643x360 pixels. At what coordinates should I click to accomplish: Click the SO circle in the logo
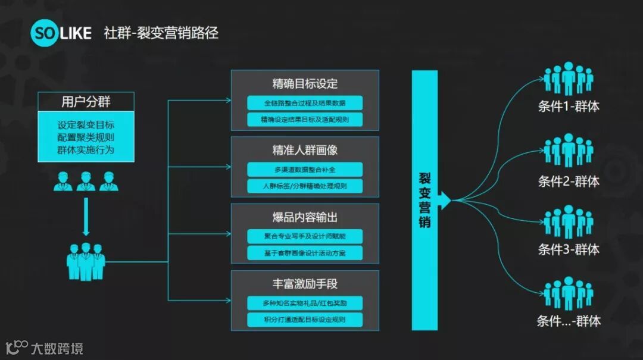pyautogui.click(x=46, y=32)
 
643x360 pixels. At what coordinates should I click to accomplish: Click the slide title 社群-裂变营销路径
pyautogui.click(x=161, y=32)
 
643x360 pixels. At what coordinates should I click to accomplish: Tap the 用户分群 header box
pyautogui.click(x=86, y=102)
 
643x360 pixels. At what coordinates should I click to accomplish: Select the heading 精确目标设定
pyautogui.click(x=305, y=83)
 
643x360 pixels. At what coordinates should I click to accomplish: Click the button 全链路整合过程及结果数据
pyautogui.click(x=305, y=103)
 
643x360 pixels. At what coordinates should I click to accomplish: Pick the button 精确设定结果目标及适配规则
pyautogui.click(x=305, y=120)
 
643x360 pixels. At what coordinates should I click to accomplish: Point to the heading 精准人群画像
pyautogui.click(x=305, y=150)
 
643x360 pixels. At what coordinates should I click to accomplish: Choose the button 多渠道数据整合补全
pyautogui.click(x=305, y=170)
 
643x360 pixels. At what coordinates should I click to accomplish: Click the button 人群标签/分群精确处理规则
pyautogui.click(x=305, y=186)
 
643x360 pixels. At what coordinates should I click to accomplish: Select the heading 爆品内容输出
pyautogui.click(x=305, y=217)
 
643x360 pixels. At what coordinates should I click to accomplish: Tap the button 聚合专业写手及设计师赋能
pyautogui.click(x=305, y=236)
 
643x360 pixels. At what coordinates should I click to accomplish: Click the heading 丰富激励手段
pyautogui.click(x=305, y=284)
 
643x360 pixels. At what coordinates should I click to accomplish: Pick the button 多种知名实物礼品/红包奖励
pyautogui.click(x=305, y=303)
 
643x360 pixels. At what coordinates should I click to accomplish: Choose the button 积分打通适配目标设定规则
pyautogui.click(x=305, y=320)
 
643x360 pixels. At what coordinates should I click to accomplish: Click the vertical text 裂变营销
pyautogui.click(x=424, y=200)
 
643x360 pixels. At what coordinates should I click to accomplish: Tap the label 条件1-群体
pyautogui.click(x=569, y=107)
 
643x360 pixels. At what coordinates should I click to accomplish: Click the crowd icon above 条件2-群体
pyautogui.click(x=569, y=152)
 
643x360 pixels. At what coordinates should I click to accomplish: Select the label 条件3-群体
pyautogui.click(x=569, y=249)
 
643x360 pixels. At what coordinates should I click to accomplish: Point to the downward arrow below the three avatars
pyautogui.click(x=86, y=215)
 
